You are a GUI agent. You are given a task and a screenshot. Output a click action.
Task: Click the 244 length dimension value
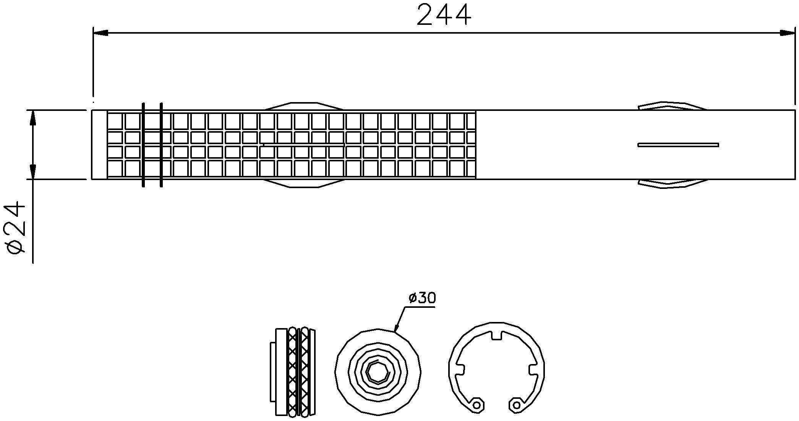tap(444, 15)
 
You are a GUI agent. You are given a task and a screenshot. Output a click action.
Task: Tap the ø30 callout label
tap(422, 298)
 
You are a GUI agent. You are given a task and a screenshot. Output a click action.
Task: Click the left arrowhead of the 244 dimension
tap(100, 33)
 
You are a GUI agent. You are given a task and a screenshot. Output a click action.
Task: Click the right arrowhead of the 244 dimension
tap(787, 33)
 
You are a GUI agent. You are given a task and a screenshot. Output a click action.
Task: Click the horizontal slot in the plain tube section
tap(678, 145)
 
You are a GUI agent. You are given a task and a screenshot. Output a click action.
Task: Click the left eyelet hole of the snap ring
tap(476, 405)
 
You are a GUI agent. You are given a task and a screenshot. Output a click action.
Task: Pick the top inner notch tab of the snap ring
tap(496, 335)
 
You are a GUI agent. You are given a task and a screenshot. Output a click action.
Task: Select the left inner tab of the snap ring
tap(460, 370)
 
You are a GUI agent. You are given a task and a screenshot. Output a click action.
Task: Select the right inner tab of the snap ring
tap(533, 370)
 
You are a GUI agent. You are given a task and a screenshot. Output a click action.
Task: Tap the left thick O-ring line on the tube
tap(143, 145)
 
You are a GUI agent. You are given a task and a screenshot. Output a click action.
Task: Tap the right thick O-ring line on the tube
tap(161, 145)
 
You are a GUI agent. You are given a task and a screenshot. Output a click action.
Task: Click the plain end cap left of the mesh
tap(99, 145)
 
